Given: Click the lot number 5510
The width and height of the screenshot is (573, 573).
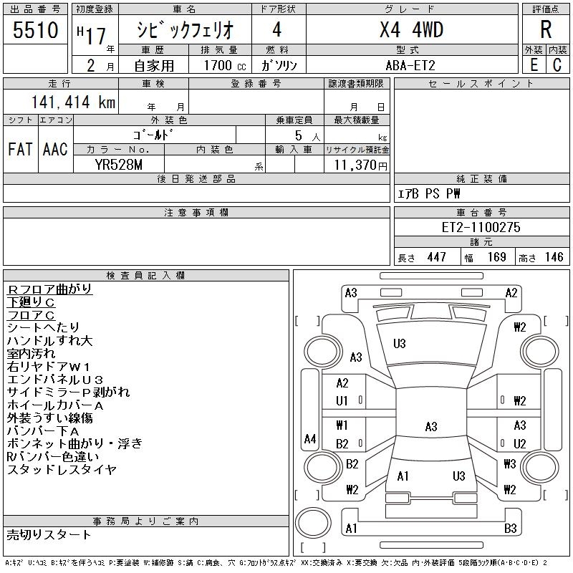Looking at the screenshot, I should [x=35, y=31].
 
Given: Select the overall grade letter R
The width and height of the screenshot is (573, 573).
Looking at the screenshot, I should [x=546, y=30].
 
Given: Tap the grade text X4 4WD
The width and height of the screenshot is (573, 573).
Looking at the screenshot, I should [x=411, y=30].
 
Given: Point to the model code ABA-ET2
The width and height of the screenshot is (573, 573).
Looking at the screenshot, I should [x=411, y=65].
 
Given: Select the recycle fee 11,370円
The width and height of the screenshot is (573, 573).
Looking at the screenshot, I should [x=357, y=165].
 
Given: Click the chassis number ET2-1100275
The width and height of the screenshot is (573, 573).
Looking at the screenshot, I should [x=481, y=227].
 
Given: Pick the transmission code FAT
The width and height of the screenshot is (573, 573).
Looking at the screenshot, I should [x=19, y=150].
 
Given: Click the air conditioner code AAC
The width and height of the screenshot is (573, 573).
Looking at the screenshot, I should [x=55, y=150].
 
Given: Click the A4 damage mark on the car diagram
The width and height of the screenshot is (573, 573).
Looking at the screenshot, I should [x=310, y=439].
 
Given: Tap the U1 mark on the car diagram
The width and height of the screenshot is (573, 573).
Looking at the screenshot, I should [x=342, y=401].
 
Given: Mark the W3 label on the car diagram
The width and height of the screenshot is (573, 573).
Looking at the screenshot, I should [x=509, y=464].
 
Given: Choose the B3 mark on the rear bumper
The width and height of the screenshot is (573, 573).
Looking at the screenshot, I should [x=511, y=529].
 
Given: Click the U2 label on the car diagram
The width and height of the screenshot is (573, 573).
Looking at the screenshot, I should [x=519, y=444].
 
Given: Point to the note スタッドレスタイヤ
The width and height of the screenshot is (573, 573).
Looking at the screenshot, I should [x=62, y=470].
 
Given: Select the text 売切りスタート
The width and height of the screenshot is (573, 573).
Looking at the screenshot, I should [x=49, y=534].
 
